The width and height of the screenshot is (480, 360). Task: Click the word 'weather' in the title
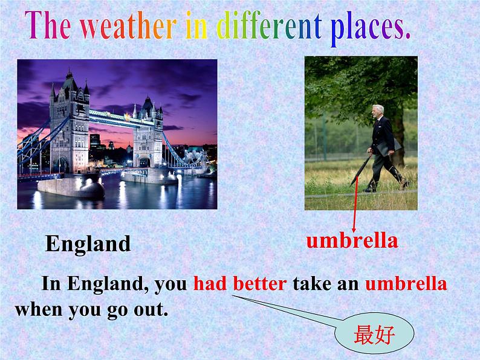pos(120,27)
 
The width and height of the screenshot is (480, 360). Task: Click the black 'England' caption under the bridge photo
pos(88,244)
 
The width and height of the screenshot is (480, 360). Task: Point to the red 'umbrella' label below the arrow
pos(352,240)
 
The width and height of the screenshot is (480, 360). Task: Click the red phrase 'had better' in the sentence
pos(240,283)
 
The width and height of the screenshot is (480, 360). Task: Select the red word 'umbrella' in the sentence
pos(406,283)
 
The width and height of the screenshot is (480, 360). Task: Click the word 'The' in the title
pos(48,27)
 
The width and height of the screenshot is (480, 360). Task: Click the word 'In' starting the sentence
pos(51,283)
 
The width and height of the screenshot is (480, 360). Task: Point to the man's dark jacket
pos(381,137)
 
